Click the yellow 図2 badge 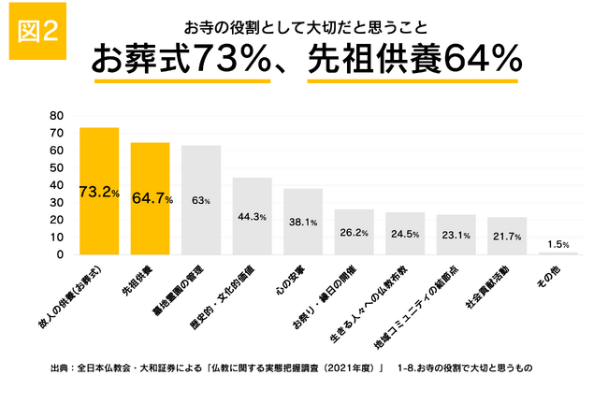(x=37, y=31)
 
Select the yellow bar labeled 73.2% (x=99, y=191)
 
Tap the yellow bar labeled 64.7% (x=150, y=198)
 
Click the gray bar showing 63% (x=201, y=200)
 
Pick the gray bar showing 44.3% (x=252, y=216)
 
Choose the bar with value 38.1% (x=303, y=222)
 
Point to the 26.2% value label (x=354, y=233)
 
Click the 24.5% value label (x=405, y=234)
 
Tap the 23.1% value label (x=456, y=236)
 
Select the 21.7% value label (x=507, y=237)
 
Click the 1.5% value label (x=558, y=244)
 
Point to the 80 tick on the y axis (x=57, y=116)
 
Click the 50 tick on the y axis (x=57, y=168)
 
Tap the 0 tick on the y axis (x=60, y=254)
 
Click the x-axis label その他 (x=549, y=277)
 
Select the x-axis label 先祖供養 (x=138, y=281)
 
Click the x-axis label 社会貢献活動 (x=487, y=288)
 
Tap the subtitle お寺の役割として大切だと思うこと (x=306, y=28)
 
